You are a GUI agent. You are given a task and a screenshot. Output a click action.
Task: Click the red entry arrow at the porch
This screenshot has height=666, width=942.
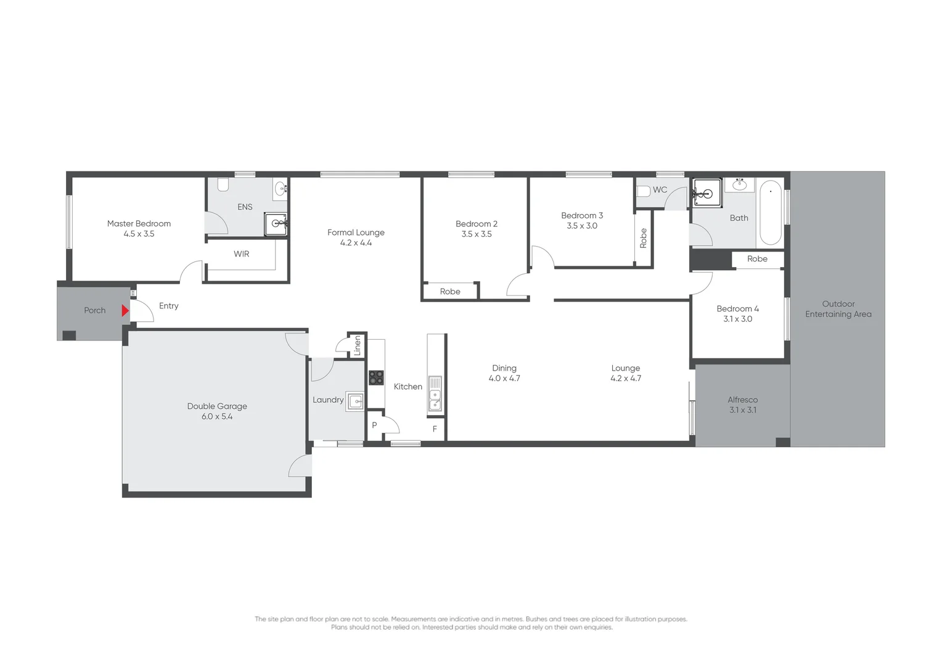tap(125, 311)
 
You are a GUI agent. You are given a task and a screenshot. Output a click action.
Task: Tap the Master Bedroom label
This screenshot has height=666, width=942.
tap(139, 224)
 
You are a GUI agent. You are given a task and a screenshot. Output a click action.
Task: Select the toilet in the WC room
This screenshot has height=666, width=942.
tap(644, 191)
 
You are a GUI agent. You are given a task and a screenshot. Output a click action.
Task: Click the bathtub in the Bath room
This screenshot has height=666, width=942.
tap(770, 213)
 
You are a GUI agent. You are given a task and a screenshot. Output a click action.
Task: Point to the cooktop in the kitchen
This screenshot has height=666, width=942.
tap(376, 377)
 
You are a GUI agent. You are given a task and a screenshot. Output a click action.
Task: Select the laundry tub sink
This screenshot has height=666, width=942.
tap(355, 401)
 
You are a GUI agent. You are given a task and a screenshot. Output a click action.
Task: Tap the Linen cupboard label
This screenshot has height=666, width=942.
tap(357, 346)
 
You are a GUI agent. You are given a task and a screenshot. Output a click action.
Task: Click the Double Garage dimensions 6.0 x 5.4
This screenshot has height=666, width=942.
tap(217, 417)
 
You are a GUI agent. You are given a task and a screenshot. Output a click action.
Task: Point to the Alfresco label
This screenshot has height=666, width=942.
tap(742, 400)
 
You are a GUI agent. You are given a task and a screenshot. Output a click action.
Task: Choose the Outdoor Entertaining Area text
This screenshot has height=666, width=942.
tap(838, 309)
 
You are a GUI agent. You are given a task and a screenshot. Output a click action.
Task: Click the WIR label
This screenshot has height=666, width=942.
tap(242, 254)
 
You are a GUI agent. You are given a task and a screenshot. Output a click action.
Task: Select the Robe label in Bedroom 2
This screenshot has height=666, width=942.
tap(450, 292)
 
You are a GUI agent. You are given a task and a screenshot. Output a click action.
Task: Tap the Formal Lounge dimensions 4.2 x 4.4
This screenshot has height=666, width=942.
tap(356, 243)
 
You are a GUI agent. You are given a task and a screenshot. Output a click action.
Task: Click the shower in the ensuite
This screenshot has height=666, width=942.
tap(276, 224)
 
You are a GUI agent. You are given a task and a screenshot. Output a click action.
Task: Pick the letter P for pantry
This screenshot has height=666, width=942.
tap(374, 425)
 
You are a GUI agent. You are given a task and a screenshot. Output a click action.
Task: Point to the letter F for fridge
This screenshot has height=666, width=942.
tap(435, 429)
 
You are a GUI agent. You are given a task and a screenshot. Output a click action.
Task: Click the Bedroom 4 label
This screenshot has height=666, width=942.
tap(737, 309)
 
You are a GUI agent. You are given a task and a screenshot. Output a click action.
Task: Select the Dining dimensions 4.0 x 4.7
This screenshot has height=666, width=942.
tap(504, 379)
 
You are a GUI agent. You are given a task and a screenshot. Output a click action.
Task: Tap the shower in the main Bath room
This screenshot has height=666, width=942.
tap(707, 193)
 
